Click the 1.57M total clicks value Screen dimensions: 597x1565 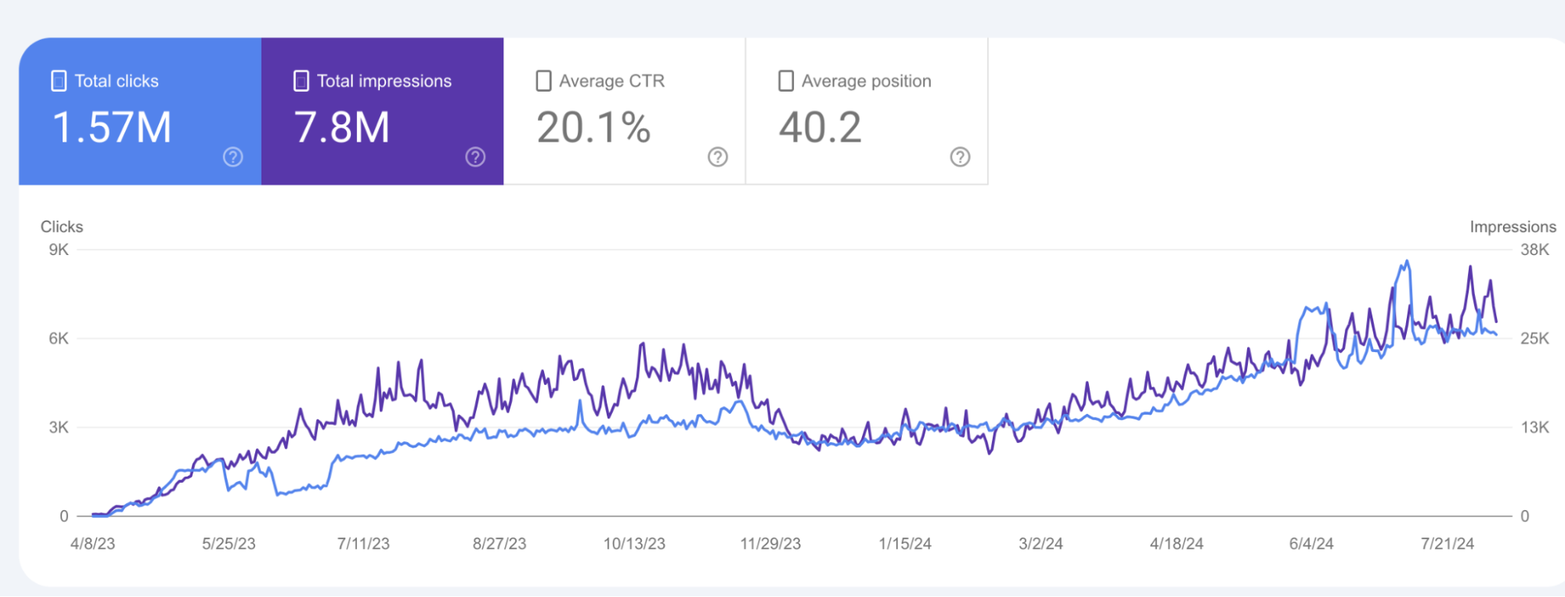111,128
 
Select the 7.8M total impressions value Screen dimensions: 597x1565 341,128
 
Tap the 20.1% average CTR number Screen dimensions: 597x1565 593,128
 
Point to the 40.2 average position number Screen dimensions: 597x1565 820,128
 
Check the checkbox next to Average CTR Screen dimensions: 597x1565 543,81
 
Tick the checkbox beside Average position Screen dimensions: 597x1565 786,81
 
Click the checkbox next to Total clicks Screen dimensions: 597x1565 59,81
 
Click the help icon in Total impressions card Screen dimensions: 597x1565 475,156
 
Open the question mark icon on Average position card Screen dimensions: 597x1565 960,156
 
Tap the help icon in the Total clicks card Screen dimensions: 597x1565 233,156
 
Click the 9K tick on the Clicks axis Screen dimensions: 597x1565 59,250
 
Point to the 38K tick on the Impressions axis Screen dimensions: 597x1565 1534,250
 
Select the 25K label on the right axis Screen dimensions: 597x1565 1534,339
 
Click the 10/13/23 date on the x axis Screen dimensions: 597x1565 634,544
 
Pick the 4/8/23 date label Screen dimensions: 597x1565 92,544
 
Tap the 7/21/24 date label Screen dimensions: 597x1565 1447,544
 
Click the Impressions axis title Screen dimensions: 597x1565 1513,227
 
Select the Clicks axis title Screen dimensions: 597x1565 62,227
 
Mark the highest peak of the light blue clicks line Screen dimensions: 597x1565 1407,262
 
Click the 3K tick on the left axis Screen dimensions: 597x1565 59,427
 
